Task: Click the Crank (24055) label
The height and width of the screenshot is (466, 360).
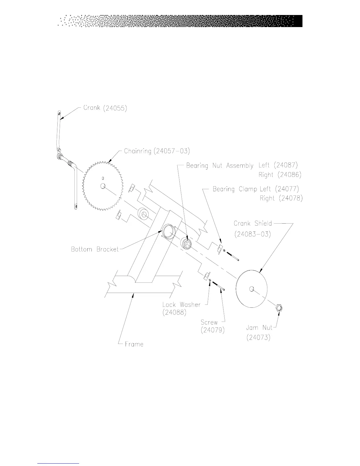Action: pos(105,108)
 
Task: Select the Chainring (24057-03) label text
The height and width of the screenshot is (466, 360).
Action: pos(157,151)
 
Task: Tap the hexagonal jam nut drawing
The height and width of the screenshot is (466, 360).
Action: pos(279,308)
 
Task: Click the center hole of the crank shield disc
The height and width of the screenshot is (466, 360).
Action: pos(251,289)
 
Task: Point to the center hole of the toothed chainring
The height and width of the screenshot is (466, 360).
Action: pos(103,186)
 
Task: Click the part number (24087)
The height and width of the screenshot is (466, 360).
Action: pos(287,165)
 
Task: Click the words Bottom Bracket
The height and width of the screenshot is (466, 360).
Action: pos(95,249)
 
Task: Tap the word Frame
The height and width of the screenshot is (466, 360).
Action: pos(134,344)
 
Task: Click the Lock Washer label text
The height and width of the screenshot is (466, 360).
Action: pos(181,304)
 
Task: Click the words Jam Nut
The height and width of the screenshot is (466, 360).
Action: pos(259,328)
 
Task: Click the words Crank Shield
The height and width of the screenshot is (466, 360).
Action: pos(253,224)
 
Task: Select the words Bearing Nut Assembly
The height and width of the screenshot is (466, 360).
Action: pos(220,166)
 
